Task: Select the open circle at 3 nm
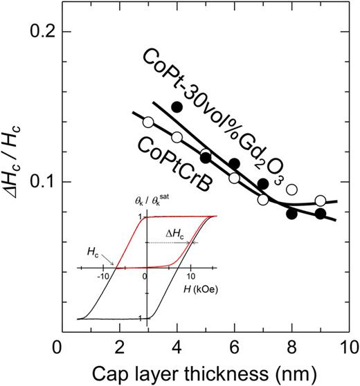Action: click(x=147, y=122)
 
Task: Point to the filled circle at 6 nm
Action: click(x=234, y=164)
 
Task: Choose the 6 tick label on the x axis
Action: click(x=234, y=347)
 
